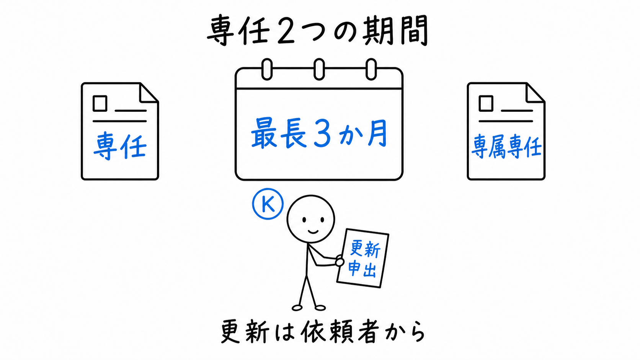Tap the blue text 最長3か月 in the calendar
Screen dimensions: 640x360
coord(319,133)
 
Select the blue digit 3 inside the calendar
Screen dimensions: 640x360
coord(322,133)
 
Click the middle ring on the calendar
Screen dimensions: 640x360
coord(319,69)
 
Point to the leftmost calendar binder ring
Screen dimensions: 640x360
coord(267,69)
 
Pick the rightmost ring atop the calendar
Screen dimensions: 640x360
coord(371,69)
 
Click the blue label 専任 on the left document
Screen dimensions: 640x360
coord(120,146)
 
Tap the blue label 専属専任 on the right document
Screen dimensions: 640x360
coord(506,147)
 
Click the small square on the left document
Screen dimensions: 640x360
coord(100,103)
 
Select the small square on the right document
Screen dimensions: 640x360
coord(486,103)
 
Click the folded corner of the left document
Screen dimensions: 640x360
coord(149,93)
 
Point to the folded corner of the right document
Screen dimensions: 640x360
coord(535,93)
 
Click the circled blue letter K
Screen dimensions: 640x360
coord(268,204)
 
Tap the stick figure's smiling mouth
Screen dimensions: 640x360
coord(313,231)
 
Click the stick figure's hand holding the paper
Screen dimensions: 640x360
coord(340,261)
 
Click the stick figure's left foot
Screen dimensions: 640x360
coord(297,308)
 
